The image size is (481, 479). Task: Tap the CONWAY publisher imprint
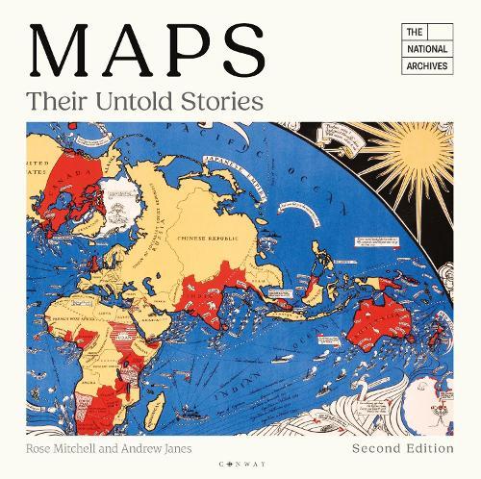pyautogui.click(x=240, y=459)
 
